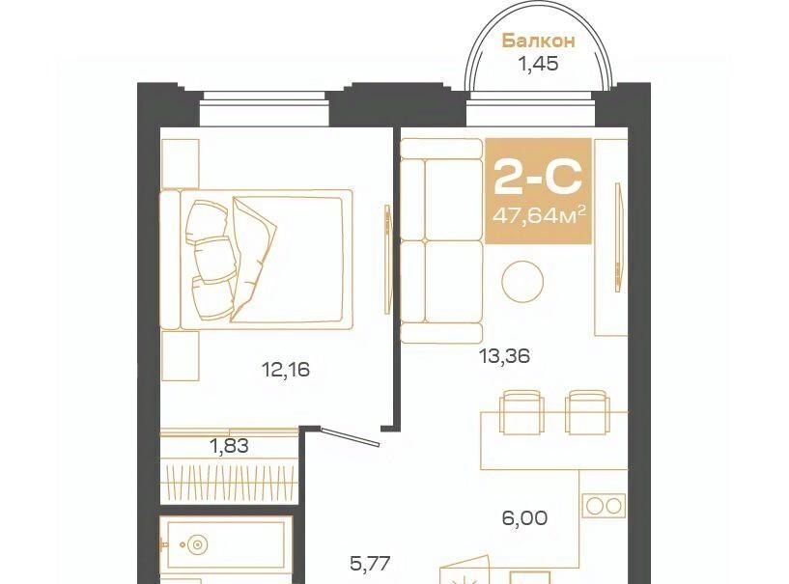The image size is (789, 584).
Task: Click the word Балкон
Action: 539,41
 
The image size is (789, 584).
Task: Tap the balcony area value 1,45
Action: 539,64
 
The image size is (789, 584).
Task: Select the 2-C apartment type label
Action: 538,176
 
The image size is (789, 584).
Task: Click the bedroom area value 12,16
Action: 286,371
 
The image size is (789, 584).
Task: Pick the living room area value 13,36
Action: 505,356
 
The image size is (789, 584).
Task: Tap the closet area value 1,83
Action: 230,446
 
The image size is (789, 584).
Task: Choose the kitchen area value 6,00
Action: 524,517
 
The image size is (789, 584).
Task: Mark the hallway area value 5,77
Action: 370,564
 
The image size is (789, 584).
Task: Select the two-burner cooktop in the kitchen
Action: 605,506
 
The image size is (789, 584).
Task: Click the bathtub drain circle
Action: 196,544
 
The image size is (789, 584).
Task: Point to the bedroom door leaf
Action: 351,436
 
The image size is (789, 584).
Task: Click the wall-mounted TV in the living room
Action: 618,236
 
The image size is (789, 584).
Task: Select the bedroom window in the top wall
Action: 265,109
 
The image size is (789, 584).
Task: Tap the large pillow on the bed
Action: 253,259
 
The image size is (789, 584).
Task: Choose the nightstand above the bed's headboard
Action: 181,164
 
